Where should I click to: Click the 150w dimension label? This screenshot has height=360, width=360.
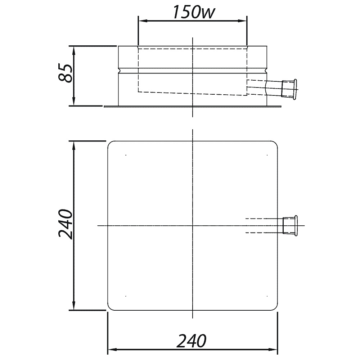click(194, 12)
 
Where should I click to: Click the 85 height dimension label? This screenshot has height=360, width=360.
click(66, 73)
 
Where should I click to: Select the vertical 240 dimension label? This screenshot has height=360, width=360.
click(66, 224)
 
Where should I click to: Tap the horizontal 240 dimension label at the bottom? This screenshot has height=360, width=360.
click(192, 341)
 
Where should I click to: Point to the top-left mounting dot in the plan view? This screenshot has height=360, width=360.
click(126, 155)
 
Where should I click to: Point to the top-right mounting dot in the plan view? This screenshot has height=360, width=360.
click(267, 155)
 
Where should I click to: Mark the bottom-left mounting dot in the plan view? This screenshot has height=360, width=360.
click(126, 296)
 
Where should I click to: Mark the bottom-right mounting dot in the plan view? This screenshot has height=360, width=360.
click(267, 296)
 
